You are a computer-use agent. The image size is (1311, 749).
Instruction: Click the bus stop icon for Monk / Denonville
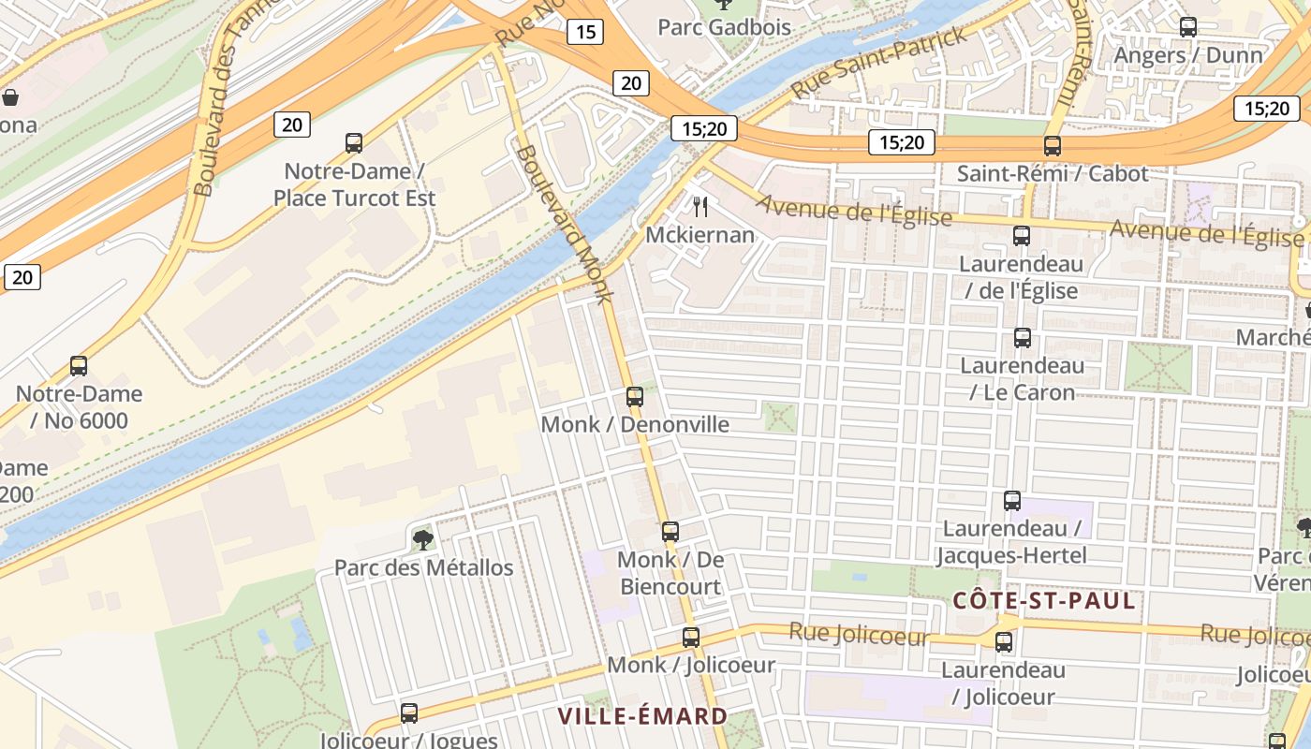pos(635,397)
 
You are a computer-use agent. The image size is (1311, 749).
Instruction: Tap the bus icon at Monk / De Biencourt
pos(670,532)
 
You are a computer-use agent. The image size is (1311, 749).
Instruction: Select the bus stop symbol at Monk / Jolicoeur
pos(691,638)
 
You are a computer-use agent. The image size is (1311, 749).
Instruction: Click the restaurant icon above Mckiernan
pos(700,206)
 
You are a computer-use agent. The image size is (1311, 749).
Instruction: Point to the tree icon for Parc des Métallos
pos(423,539)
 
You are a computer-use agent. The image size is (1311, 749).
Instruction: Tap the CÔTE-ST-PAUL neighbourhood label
pos(1044,601)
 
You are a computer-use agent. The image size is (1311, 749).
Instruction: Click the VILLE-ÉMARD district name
pos(642,716)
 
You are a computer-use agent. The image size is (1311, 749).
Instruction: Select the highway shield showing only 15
pos(584,33)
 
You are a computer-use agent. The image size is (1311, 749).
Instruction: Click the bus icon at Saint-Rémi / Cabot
pos(1053,146)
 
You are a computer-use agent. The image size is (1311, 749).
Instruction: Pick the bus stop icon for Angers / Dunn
pos(1188,27)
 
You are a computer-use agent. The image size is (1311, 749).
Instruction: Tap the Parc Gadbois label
pos(724,27)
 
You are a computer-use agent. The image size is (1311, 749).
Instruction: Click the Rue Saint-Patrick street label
pos(877,64)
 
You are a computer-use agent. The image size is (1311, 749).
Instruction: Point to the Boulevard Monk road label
pos(564,223)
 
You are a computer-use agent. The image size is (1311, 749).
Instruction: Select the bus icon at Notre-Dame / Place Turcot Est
pos(354,143)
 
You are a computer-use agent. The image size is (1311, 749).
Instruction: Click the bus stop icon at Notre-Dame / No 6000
pos(79,366)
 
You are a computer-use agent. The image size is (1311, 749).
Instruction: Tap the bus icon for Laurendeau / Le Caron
pos(1023,338)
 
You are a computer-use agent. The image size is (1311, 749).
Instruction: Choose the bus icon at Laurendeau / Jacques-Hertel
pos(1012,501)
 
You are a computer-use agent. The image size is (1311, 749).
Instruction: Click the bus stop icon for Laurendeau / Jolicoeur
pos(1004,642)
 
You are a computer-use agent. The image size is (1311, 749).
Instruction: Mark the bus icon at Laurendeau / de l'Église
pos(1022,236)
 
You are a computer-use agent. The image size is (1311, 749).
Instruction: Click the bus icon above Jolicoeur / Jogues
pos(409,713)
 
